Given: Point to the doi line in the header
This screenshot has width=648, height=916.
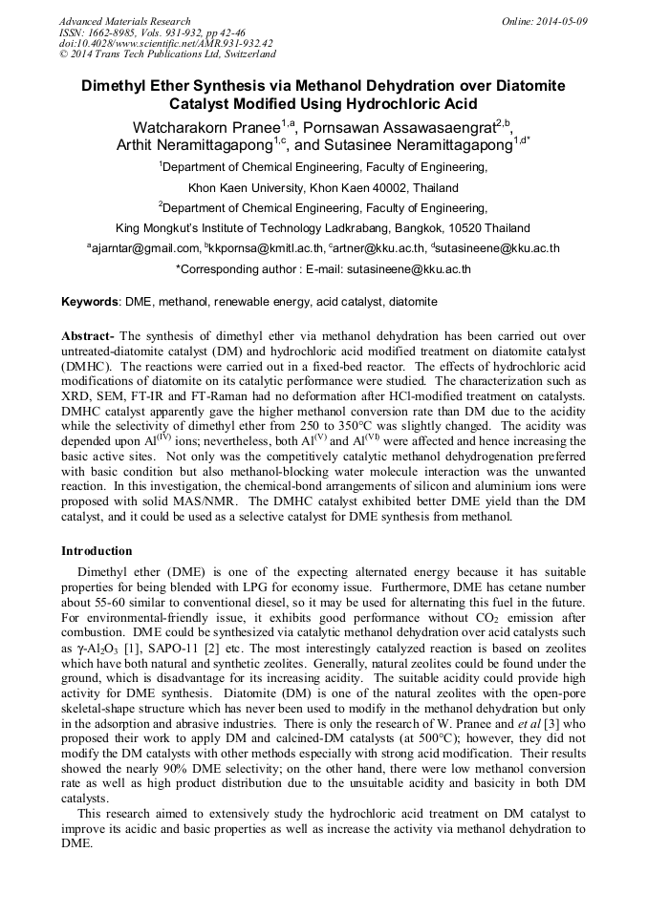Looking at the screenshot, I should tap(165, 44).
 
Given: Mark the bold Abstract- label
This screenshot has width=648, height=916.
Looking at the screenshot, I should tap(88, 337).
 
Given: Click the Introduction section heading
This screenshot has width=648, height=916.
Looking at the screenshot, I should tap(97, 551).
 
